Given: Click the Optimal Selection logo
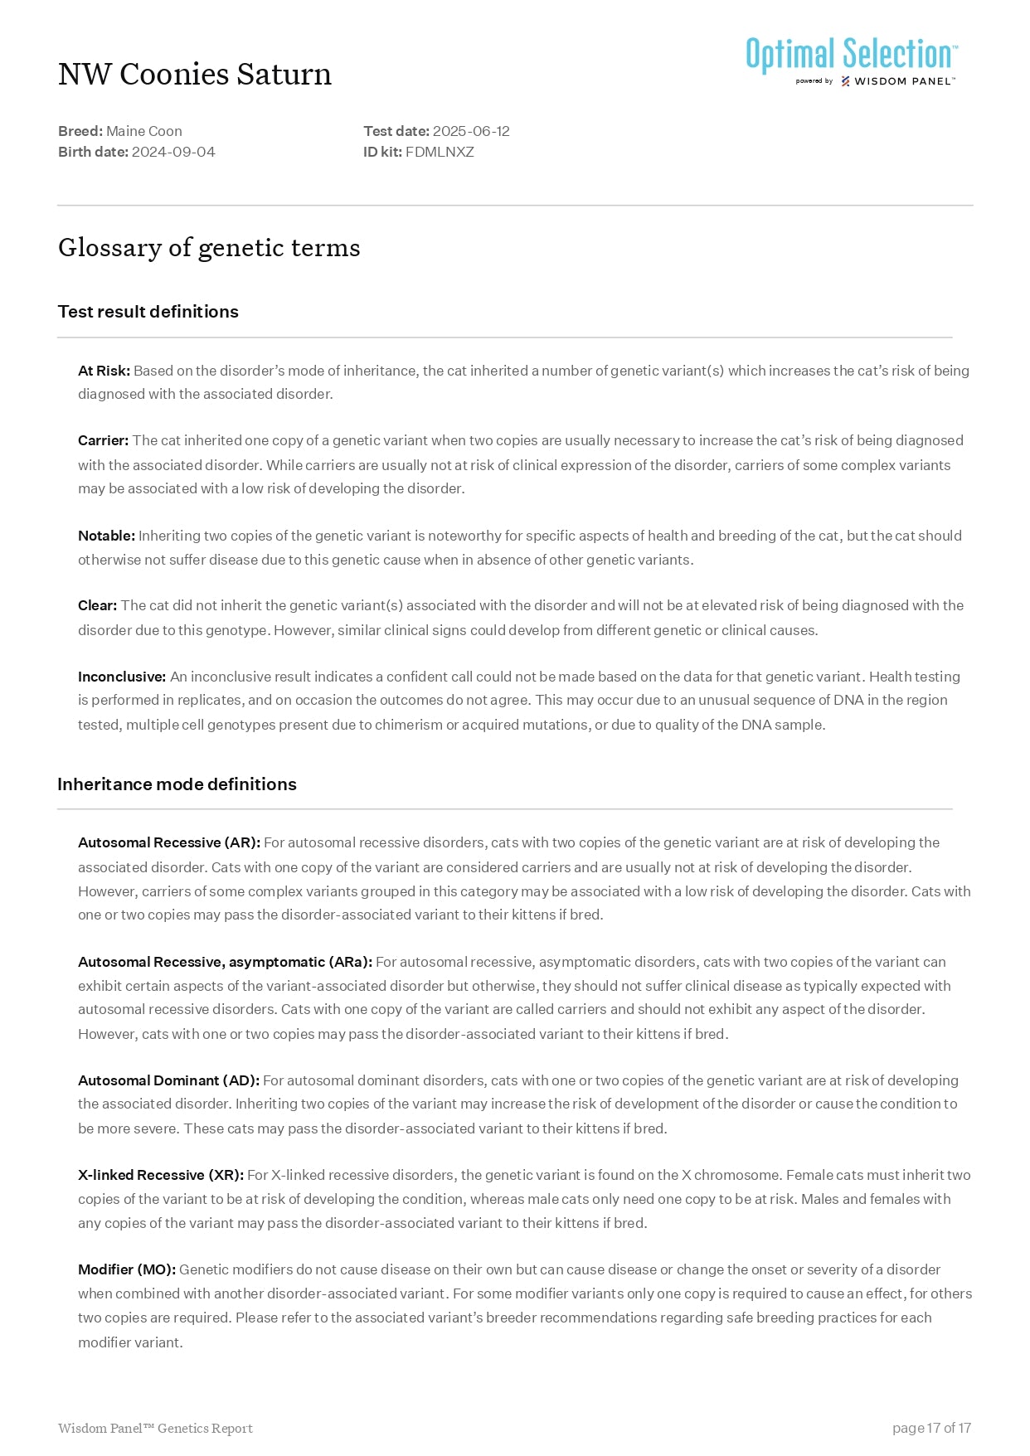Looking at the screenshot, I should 852,61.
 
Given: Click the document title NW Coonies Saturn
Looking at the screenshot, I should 195,75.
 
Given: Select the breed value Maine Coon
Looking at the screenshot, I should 144,131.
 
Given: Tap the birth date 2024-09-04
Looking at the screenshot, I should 173,152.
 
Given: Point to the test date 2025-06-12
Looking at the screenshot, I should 471,131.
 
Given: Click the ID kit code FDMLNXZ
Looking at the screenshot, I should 440,152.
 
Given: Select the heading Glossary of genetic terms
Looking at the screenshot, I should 209,248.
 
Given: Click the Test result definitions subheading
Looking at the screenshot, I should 148,312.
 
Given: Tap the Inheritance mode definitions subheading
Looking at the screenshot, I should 177,784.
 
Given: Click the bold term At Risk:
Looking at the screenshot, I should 104,371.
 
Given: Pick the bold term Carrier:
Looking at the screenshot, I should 103,440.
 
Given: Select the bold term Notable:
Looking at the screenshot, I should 106,536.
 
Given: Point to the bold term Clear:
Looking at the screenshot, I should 97,605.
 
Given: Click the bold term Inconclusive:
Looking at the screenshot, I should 122,677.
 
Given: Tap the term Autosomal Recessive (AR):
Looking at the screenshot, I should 169,842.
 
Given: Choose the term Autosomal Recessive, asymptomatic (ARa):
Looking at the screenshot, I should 225,962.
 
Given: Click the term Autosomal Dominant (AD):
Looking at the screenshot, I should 168,1080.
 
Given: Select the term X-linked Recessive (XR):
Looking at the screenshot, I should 161,1175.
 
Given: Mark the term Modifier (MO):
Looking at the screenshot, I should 127,1269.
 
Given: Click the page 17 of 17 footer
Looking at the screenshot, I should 931,1428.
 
